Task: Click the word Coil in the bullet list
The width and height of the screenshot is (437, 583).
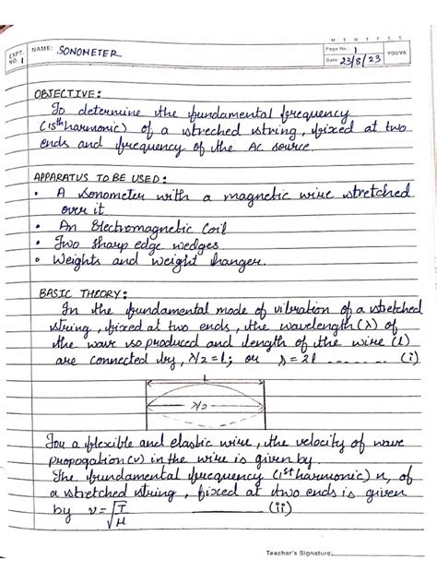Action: [203, 226]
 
